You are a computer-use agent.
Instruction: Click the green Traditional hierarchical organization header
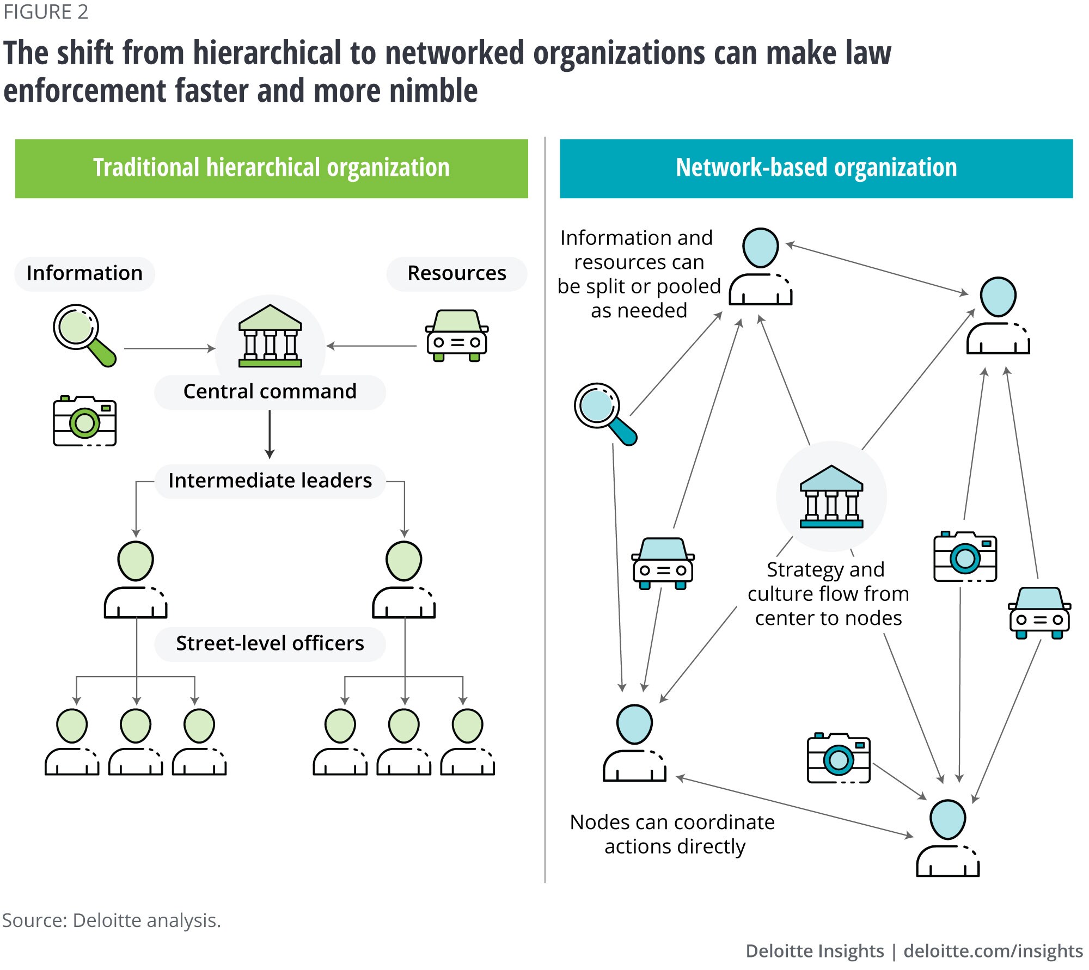click(x=271, y=168)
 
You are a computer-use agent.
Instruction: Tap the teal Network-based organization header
click(x=816, y=168)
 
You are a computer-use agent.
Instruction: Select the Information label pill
click(x=84, y=273)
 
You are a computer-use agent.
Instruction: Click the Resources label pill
click(x=456, y=273)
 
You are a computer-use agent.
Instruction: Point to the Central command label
click(x=270, y=392)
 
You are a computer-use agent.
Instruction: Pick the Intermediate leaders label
click(x=270, y=481)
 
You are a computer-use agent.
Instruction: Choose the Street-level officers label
click(x=270, y=644)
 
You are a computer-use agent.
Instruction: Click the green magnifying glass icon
click(x=84, y=335)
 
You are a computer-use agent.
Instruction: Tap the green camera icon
click(x=84, y=421)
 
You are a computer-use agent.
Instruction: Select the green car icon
click(x=456, y=335)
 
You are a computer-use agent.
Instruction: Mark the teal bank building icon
click(x=831, y=496)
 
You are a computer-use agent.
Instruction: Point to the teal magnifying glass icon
click(x=604, y=414)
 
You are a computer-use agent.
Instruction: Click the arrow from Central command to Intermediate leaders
click(x=270, y=434)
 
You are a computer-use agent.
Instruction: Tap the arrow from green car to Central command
click(x=372, y=346)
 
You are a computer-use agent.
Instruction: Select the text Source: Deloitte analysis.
click(x=112, y=920)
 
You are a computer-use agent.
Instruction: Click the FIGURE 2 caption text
click(x=46, y=12)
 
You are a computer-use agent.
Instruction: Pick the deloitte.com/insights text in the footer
click(x=993, y=951)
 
